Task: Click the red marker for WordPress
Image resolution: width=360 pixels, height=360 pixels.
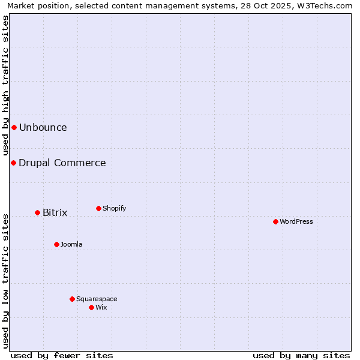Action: [275, 221]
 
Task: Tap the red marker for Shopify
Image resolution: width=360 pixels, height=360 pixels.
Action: [98, 208]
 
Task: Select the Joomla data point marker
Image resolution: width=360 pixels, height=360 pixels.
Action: [56, 244]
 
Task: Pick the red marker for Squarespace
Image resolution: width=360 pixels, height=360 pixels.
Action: [72, 299]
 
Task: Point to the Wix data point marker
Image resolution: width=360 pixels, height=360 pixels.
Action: [91, 307]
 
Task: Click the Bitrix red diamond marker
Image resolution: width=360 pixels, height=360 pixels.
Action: [37, 212]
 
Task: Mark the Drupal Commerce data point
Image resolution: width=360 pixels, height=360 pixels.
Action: [13, 163]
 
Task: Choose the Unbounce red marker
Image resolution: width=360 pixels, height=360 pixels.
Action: [14, 127]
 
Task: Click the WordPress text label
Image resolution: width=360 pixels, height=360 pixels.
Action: [296, 221]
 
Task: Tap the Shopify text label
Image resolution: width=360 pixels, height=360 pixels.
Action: [115, 208]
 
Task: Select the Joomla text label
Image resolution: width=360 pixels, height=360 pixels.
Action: [71, 244]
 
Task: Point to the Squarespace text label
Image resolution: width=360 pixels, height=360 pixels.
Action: [97, 299]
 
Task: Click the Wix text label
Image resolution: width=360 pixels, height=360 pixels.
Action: [101, 307]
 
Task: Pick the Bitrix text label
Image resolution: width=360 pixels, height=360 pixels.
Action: [55, 212]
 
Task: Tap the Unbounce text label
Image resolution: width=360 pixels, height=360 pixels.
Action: [43, 127]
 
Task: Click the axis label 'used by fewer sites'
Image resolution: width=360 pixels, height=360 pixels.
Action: [62, 355]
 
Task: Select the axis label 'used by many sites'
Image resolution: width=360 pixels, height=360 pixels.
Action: [301, 355]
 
